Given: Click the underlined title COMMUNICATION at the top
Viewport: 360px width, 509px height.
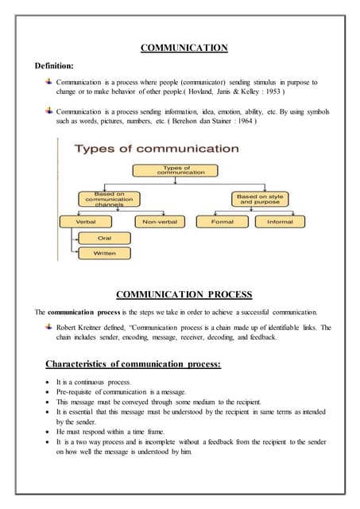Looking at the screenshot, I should pos(184,49).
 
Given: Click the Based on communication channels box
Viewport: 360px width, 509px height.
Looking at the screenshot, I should pos(109,199).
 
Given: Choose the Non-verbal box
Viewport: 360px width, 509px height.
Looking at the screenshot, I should pos(159,221).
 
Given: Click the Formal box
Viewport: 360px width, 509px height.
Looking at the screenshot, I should pos(223,221).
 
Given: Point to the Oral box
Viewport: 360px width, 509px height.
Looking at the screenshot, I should pos(104,238).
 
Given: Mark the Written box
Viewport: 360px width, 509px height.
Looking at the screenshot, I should pos(104,253).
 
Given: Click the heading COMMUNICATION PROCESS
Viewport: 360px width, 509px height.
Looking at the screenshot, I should pos(184,294).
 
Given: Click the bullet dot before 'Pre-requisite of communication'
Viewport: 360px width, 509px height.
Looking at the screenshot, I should pos(49,392).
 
